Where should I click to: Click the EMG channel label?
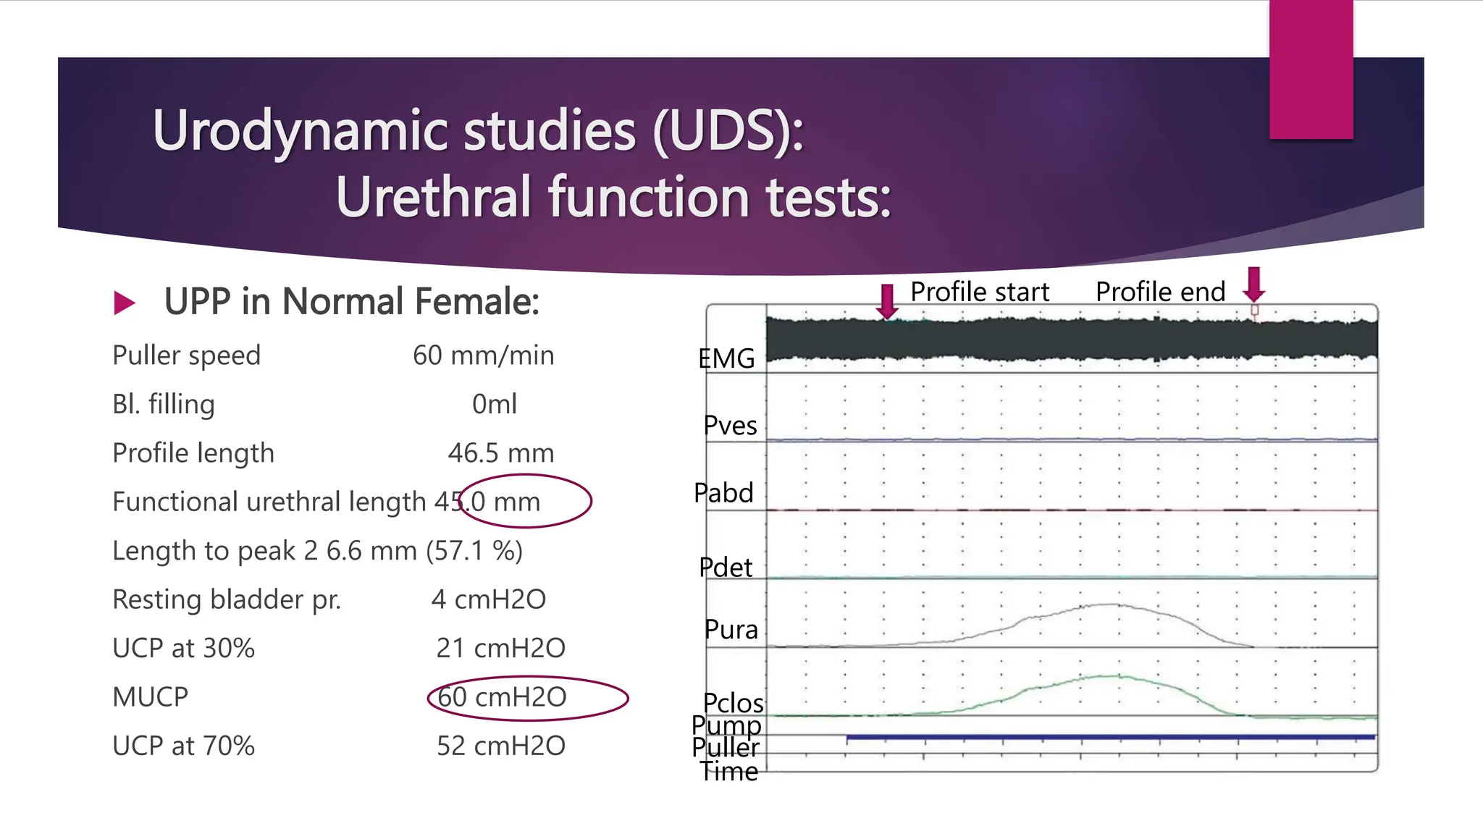tap(726, 358)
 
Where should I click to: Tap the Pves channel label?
tap(730, 426)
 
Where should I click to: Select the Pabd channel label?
tap(723, 493)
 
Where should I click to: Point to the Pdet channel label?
tap(726, 568)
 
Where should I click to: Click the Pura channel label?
tap(731, 630)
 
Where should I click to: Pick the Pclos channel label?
tap(733, 703)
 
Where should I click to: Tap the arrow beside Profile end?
tap(1254, 285)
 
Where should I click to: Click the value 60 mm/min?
tap(483, 355)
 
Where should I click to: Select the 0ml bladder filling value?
tap(495, 404)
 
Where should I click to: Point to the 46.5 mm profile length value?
tap(500, 453)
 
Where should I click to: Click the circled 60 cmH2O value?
tap(502, 697)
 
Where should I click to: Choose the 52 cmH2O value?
tap(500, 746)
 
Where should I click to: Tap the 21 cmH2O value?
tap(500, 648)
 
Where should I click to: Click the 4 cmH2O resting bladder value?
tap(489, 599)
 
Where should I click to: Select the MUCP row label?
tap(151, 697)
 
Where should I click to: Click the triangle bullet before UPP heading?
tap(125, 303)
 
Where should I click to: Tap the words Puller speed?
tap(186, 355)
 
